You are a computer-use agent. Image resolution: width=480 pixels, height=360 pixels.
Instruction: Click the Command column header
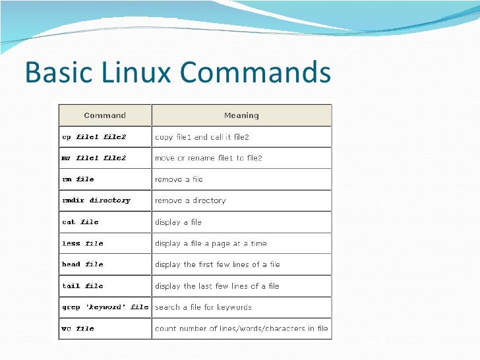point(105,115)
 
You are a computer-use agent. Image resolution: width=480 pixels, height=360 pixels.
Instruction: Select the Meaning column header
point(241,115)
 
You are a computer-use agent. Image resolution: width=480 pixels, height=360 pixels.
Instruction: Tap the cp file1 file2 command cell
point(94,137)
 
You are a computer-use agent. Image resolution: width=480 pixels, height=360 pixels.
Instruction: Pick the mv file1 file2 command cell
point(94,158)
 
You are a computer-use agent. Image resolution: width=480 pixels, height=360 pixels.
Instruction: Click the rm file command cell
point(78,179)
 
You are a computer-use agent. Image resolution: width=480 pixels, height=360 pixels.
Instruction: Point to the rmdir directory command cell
point(96,200)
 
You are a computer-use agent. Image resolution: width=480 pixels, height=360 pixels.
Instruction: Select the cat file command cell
point(80,222)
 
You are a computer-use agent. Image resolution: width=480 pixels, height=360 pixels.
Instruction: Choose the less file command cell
point(82,243)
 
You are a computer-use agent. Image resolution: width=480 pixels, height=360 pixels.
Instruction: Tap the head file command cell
point(82,264)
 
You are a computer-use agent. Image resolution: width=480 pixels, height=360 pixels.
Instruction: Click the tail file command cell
point(82,285)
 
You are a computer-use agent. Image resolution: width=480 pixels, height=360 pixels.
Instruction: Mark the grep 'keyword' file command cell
point(105,307)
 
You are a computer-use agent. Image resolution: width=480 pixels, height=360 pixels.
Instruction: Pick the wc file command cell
point(78,328)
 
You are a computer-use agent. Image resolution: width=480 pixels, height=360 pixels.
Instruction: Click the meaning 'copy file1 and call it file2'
point(202,137)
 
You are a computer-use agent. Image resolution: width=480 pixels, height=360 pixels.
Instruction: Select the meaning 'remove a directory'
point(190,200)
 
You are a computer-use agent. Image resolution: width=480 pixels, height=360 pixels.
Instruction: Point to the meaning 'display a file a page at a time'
point(211,243)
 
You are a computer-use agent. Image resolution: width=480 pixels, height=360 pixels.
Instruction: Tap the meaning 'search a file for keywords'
point(203,307)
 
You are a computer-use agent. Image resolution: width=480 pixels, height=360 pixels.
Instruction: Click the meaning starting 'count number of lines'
point(241,328)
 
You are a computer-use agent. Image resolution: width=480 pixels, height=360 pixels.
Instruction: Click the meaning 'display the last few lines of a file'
point(217,285)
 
